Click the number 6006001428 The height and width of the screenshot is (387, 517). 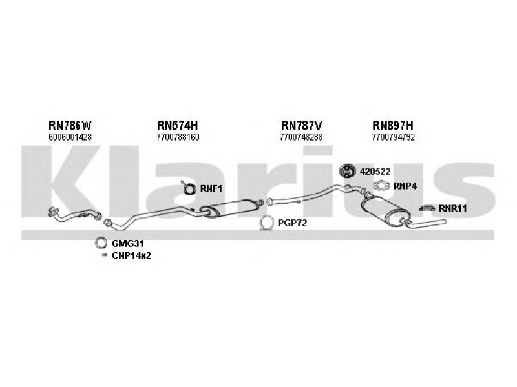pyautogui.click(x=70, y=137)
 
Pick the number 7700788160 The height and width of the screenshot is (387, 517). pyautogui.click(x=178, y=137)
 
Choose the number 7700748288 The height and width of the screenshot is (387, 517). pyautogui.click(x=301, y=137)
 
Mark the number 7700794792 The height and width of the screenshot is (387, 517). pyautogui.click(x=394, y=137)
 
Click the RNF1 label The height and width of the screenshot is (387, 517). pyautogui.click(x=211, y=189)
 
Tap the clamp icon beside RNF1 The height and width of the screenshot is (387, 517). pyautogui.click(x=190, y=188)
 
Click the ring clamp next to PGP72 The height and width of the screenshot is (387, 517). pyautogui.click(x=266, y=223)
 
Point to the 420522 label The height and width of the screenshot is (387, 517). pyautogui.click(x=375, y=171)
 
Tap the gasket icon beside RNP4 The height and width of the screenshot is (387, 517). pyautogui.click(x=382, y=188)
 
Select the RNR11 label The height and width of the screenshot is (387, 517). pyautogui.click(x=452, y=208)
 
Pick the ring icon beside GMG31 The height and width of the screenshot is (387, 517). pyautogui.click(x=101, y=243)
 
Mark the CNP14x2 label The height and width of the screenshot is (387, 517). pyautogui.click(x=131, y=256)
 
